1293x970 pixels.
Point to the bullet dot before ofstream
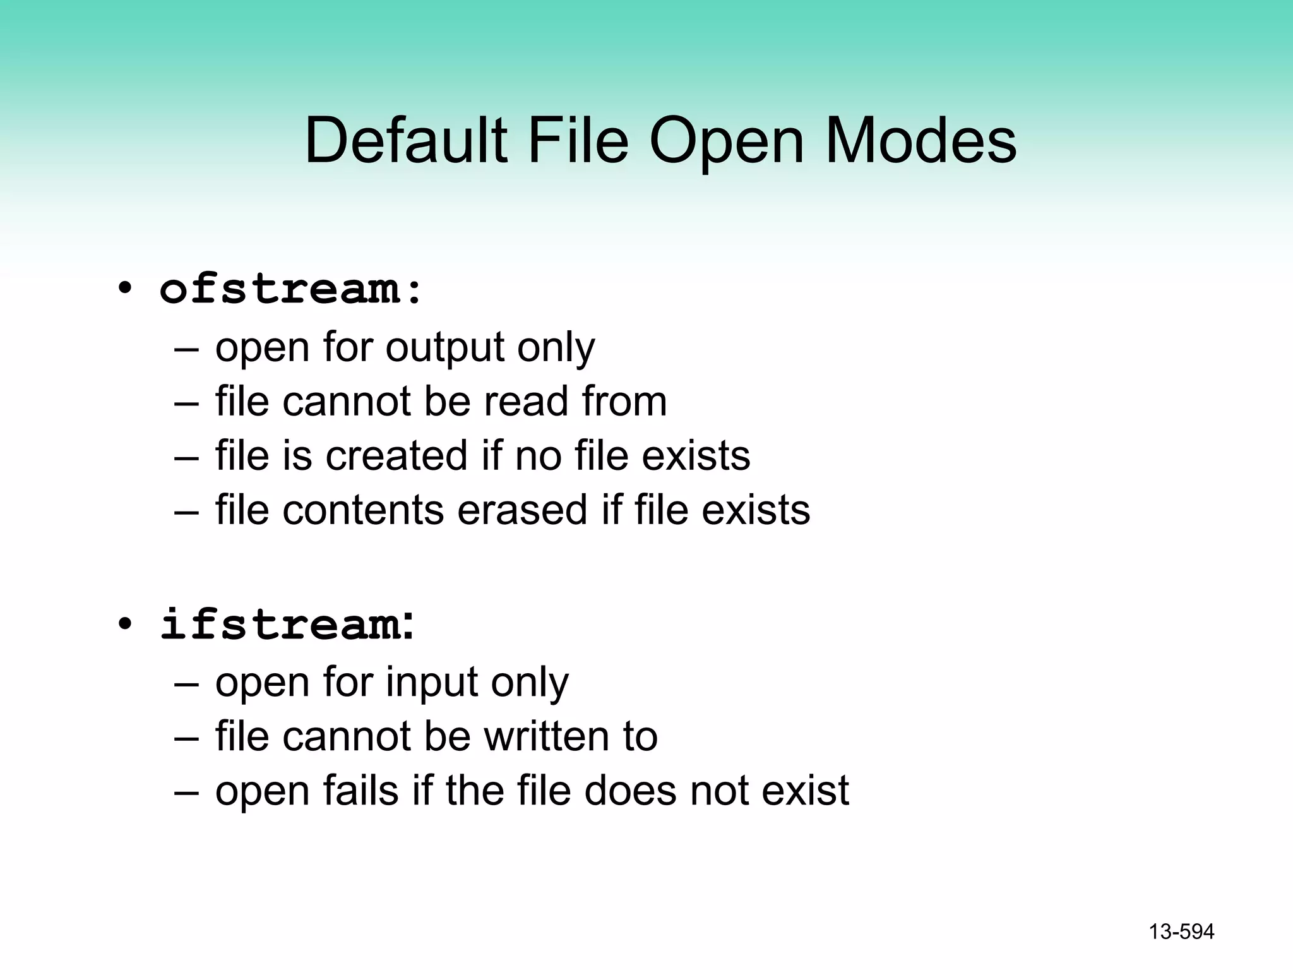click(x=124, y=290)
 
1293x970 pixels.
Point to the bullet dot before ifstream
click(x=124, y=625)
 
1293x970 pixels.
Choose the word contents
click(x=363, y=510)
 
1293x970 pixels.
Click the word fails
click(x=360, y=791)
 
